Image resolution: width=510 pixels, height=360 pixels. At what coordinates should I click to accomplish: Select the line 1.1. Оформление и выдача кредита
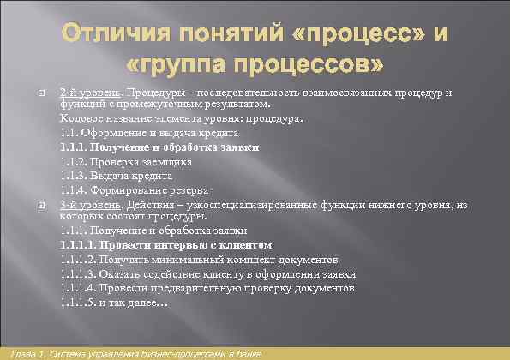[x=149, y=133]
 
